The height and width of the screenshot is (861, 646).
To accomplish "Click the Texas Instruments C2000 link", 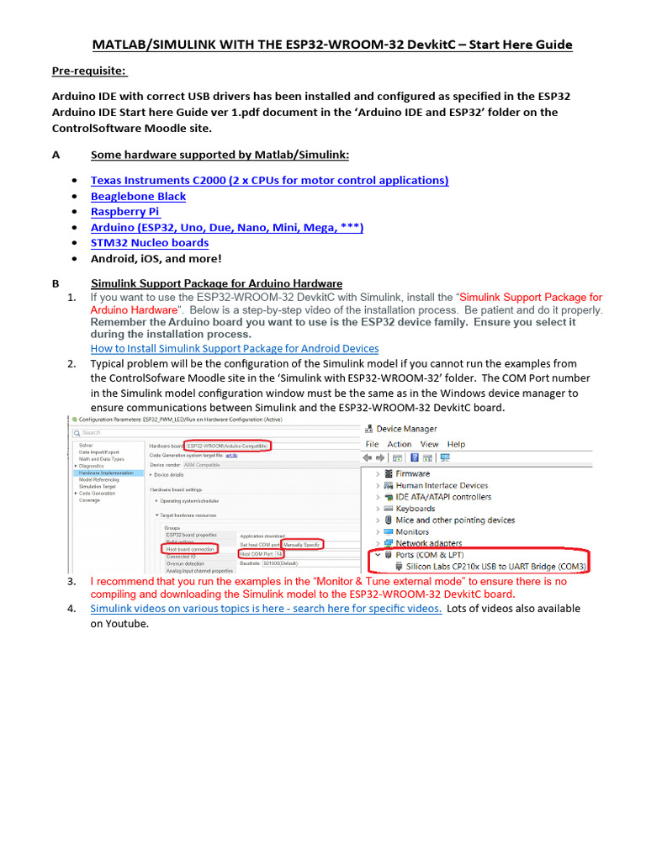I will point(269,180).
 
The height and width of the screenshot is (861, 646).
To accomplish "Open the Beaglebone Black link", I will point(138,196).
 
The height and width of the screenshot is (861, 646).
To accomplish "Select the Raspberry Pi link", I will point(124,212).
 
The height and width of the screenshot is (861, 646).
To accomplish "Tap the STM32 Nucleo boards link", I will point(150,243).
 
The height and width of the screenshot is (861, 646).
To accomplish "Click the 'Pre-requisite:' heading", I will point(89,70).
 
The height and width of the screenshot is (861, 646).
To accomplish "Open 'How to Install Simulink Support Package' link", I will point(234,348).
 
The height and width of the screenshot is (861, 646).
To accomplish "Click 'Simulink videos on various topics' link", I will point(266,608).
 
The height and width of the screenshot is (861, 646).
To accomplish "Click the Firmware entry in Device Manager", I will point(412,473).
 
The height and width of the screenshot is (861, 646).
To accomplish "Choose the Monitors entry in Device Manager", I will point(412,531).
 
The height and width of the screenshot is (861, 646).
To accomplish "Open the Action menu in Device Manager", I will point(400,444).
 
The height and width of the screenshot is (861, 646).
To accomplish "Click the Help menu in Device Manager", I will point(456,444).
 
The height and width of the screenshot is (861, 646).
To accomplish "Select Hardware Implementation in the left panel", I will point(106,473).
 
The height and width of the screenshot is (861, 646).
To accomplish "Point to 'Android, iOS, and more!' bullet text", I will point(156,259).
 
